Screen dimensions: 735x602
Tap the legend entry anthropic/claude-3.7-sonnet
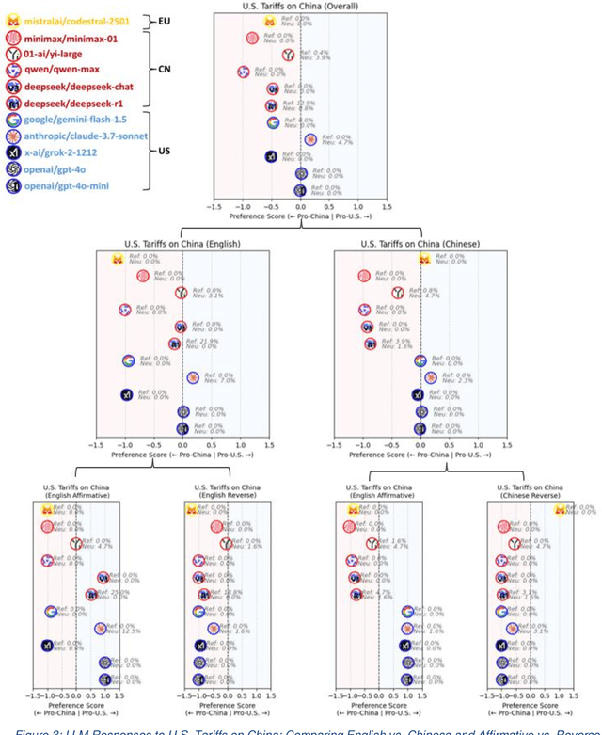click(x=86, y=135)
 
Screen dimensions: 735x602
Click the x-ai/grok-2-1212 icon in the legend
click(x=13, y=152)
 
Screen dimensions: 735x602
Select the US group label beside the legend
click(x=163, y=151)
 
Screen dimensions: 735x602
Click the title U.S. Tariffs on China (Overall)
click(x=300, y=6)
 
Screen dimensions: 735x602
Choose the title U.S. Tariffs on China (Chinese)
click(x=420, y=244)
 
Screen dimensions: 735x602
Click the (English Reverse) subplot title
click(x=226, y=492)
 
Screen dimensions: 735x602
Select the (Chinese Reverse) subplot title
click(x=529, y=492)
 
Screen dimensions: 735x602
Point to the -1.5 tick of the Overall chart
click(x=214, y=205)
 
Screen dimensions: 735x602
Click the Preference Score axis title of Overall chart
click(x=300, y=216)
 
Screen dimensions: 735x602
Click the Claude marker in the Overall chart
click(x=310, y=139)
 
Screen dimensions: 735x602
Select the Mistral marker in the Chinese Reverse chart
click(x=562, y=509)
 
